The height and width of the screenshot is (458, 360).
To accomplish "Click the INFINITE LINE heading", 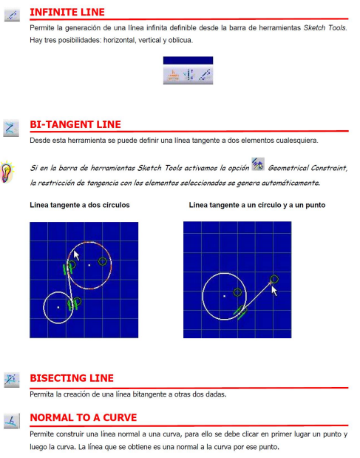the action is (67, 13).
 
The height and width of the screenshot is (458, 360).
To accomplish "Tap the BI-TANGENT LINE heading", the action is (75, 124).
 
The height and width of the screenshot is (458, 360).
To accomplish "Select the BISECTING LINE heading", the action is (72, 378).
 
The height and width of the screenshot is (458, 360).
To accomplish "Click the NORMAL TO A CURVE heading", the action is (83, 417).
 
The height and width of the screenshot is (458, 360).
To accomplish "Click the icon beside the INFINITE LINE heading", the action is (12, 15).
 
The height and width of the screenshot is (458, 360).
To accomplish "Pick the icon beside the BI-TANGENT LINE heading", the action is (11, 128).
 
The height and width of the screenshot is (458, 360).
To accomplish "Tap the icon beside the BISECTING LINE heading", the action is (12, 380).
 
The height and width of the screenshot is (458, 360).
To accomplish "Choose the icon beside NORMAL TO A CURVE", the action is (12, 421).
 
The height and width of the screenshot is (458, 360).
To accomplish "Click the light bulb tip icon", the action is (7, 172).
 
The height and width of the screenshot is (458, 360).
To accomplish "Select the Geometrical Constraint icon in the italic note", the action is (258, 164).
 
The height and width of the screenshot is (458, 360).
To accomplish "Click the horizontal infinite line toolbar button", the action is (173, 75).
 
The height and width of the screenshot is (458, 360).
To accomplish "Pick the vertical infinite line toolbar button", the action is (189, 75).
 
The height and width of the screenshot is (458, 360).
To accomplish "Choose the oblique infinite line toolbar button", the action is (204, 75).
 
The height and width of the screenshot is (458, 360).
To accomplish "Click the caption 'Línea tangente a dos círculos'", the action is (80, 205).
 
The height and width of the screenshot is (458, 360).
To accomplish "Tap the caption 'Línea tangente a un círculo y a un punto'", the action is (257, 205).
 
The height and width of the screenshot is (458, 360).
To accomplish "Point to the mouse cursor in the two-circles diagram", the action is (76, 255).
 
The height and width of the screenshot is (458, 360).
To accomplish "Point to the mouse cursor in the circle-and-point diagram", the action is (274, 291).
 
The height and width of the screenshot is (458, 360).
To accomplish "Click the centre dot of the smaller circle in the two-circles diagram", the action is (58, 307).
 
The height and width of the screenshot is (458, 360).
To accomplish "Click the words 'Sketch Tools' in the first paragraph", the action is (325, 28).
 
